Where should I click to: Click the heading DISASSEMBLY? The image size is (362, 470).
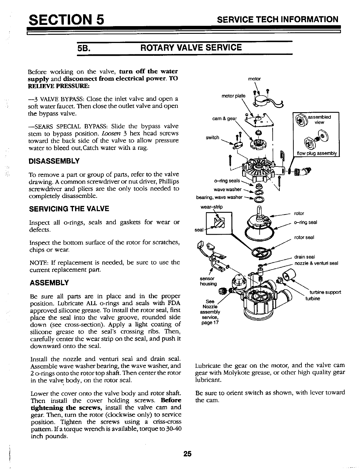pyautogui.click(x=54, y=161)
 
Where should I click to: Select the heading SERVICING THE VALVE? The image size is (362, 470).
pyautogui.click(x=69, y=209)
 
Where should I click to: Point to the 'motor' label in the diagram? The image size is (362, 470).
pyautogui.click(x=254, y=79)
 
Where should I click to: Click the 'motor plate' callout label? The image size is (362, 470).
pyautogui.click(x=234, y=96)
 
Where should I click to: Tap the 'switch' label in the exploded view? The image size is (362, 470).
pyautogui.click(x=212, y=137)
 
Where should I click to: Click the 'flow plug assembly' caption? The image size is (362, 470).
pyautogui.click(x=318, y=153)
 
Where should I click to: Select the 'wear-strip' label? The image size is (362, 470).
pyautogui.click(x=212, y=207)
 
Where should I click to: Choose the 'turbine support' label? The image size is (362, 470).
pyautogui.click(x=325, y=292)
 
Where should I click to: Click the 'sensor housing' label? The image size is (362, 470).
pyautogui.click(x=208, y=281)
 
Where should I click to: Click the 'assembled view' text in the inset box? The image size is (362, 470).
pyautogui.click(x=319, y=119)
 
